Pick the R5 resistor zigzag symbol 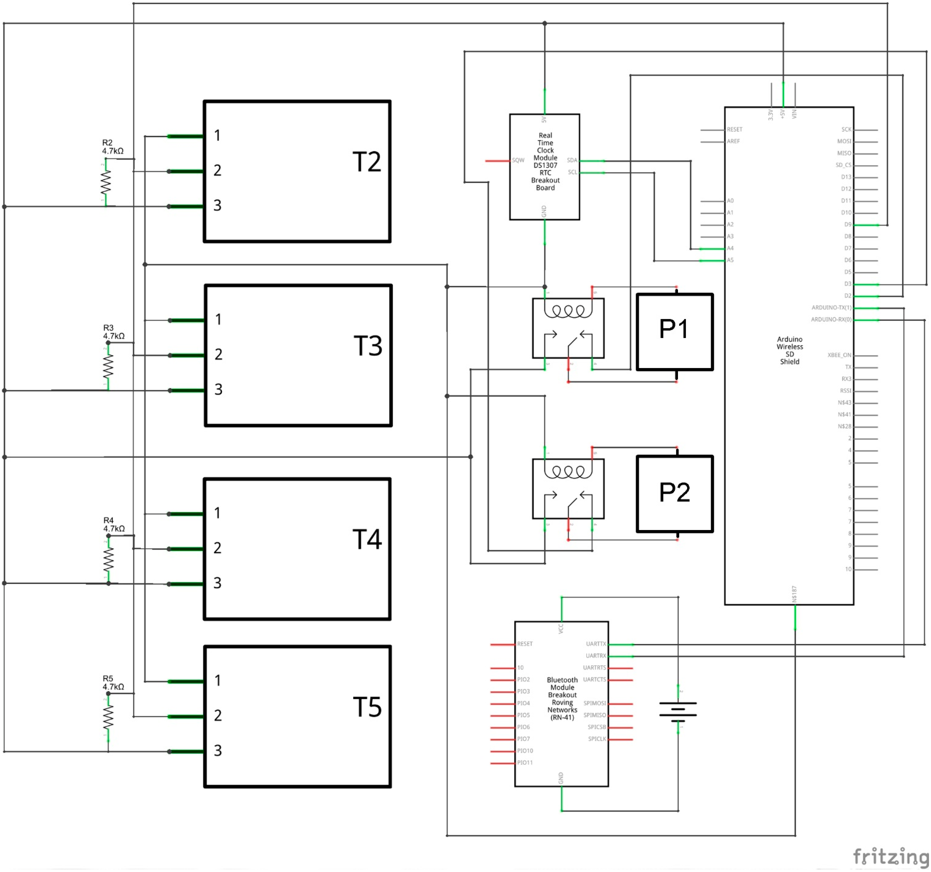click(x=108, y=717)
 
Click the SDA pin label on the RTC click(x=572, y=160)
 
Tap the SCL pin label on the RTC click(x=572, y=172)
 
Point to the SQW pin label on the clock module click(x=518, y=160)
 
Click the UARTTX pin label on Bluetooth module click(x=596, y=644)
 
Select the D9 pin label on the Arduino click(x=848, y=224)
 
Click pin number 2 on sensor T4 click(x=217, y=548)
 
